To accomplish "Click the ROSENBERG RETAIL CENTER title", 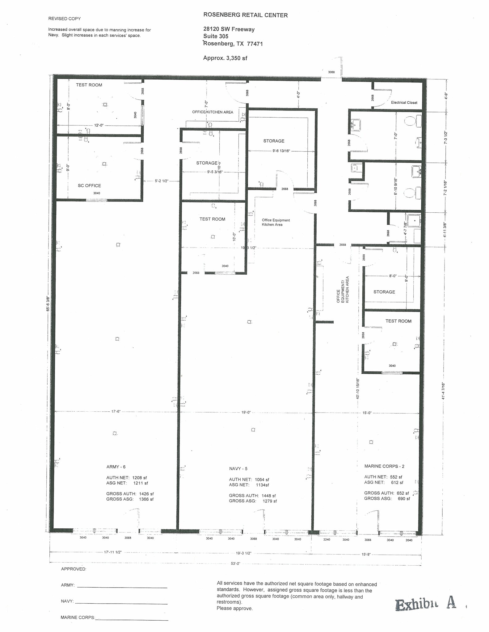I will pos(245,15).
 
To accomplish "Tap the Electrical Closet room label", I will pos(404,102).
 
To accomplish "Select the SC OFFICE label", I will pos(89,185).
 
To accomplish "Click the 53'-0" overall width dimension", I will pos(235,563).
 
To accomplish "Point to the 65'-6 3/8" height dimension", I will pos(48,304).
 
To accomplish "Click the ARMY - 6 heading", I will pos(116,467).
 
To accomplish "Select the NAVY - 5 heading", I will pos(238,468).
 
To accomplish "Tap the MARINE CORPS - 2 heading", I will pos(384,466).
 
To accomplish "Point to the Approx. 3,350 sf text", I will pos(225,58).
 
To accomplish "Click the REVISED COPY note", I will pos(64,19).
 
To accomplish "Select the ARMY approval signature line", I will pos(122,588).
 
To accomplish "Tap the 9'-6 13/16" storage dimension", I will pos(281,151).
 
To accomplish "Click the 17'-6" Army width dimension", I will pos(116,411).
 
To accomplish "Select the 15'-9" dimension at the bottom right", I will pos(366,554).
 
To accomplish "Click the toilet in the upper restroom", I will pos(410,121).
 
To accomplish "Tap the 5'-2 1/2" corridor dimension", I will pos(161,181).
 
